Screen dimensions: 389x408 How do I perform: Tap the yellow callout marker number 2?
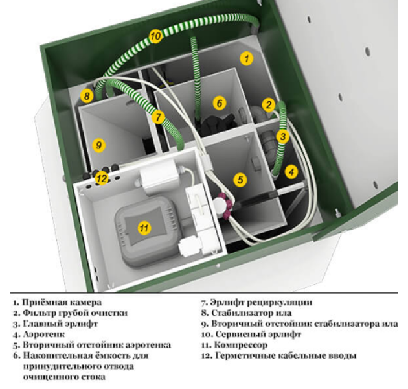coord(269,104)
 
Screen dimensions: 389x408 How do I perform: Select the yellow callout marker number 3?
coord(282,136)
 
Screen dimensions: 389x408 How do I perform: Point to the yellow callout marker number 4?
coord(291,172)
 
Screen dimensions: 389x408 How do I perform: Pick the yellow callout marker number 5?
coord(240,180)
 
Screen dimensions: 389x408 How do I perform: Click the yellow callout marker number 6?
coord(219,102)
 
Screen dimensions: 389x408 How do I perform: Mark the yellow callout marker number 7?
coord(159,117)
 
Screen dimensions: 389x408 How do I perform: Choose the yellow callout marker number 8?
coord(87,97)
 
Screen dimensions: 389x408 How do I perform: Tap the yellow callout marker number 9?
coord(98,145)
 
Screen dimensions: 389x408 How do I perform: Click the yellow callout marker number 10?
coord(155,36)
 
